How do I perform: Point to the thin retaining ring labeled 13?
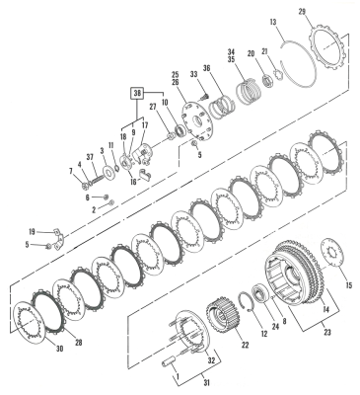(x=295, y=62)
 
